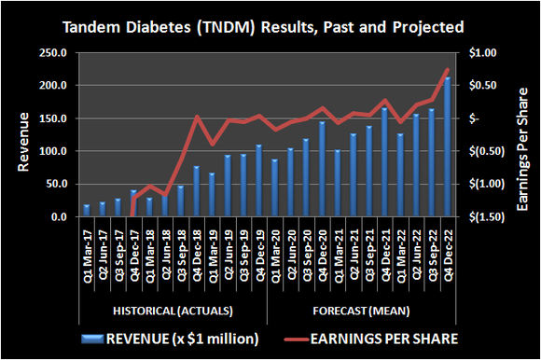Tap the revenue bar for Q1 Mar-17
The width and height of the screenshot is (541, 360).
(x=87, y=211)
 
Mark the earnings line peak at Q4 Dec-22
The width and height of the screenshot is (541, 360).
(x=448, y=70)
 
